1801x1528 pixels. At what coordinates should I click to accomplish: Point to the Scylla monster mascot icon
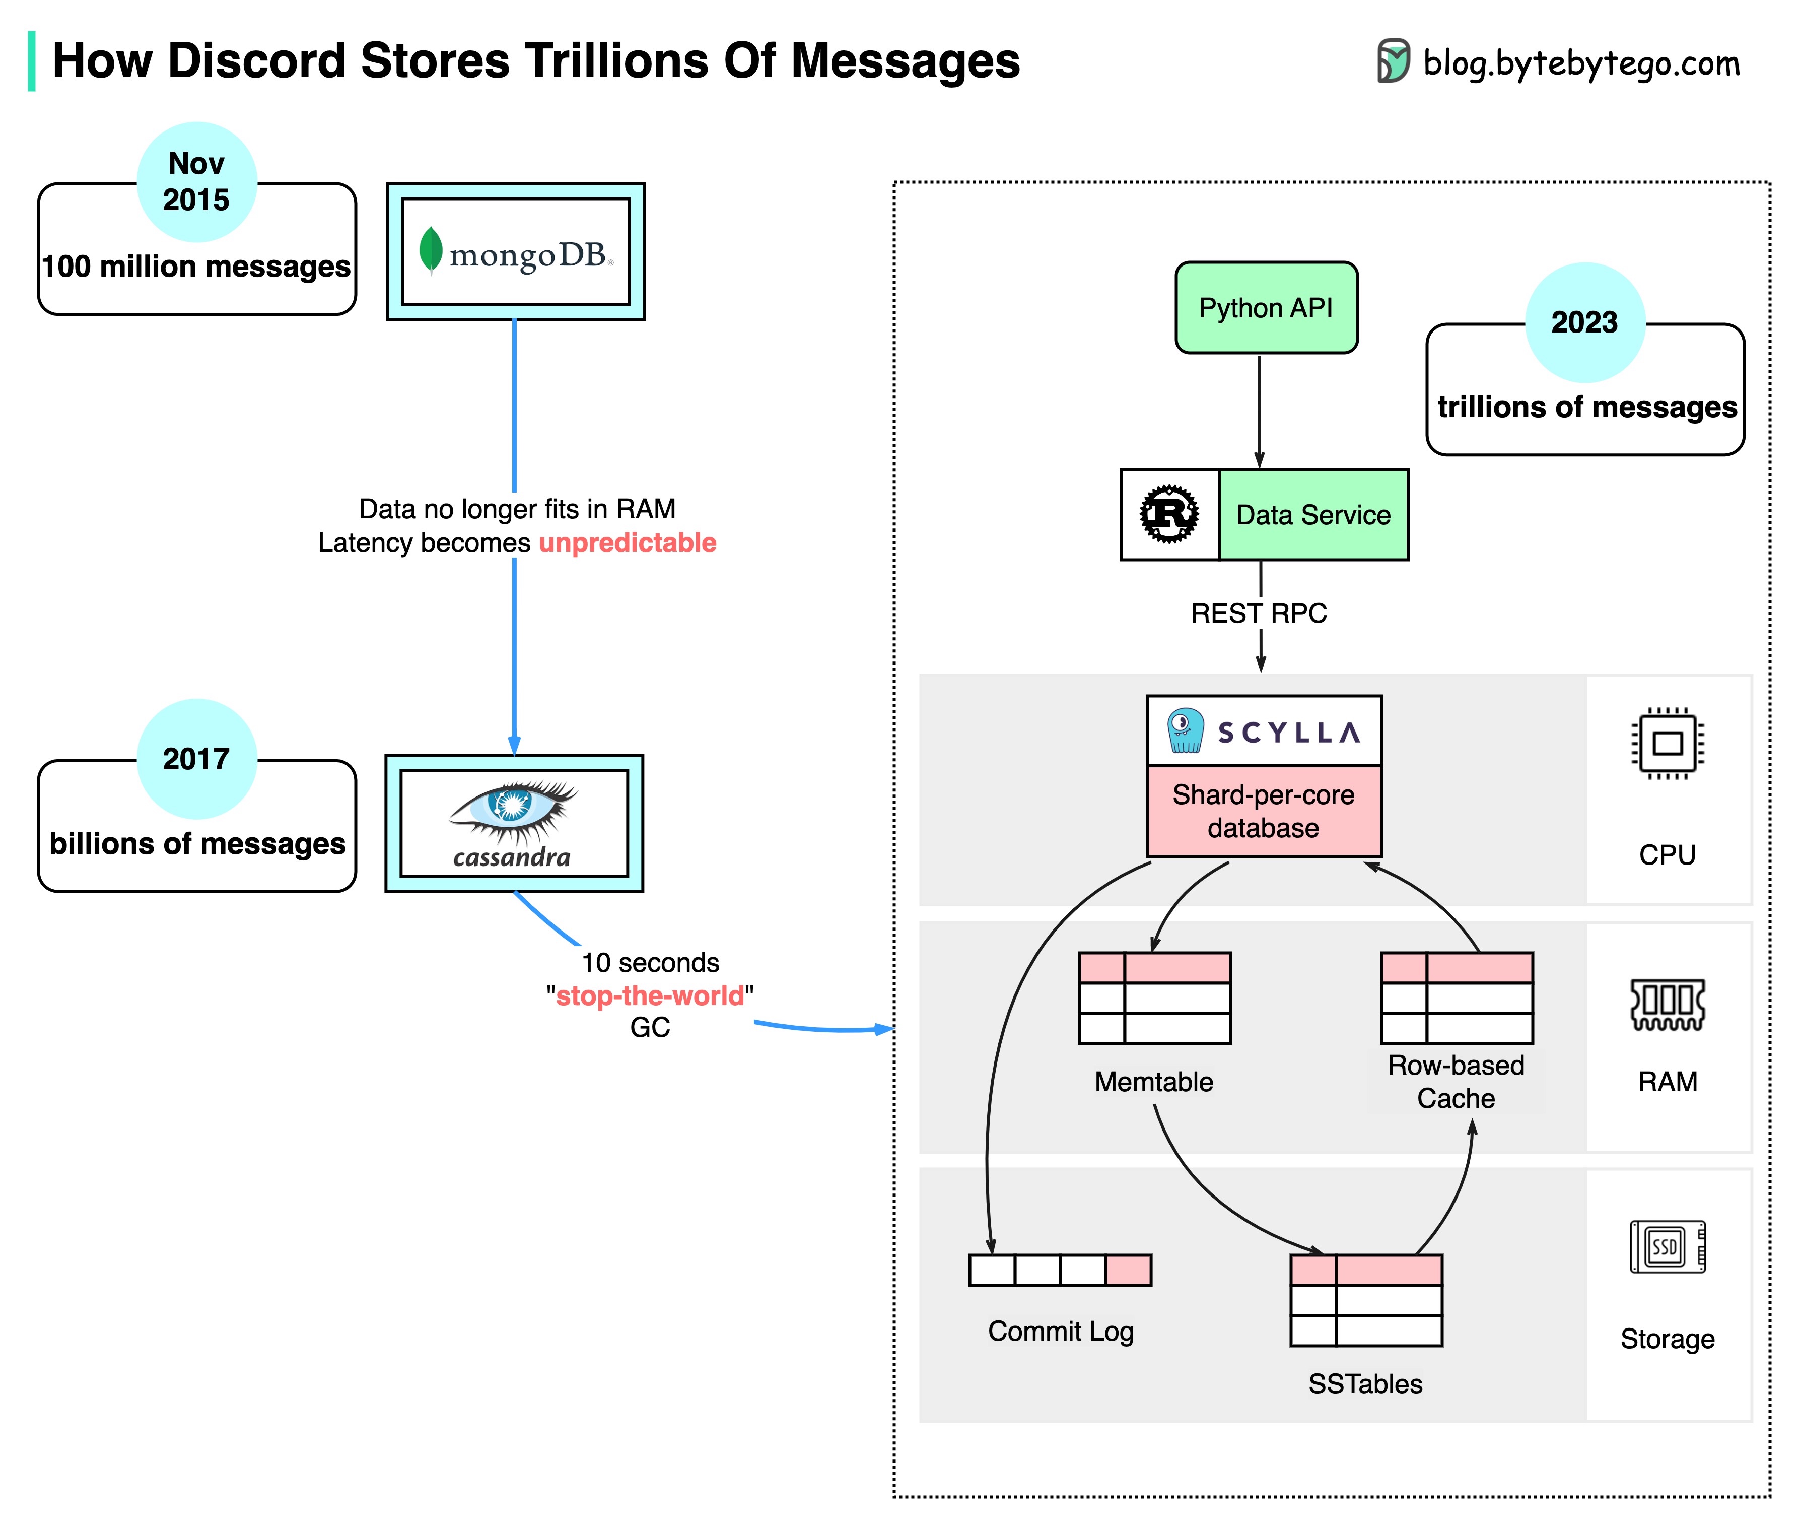(x=1185, y=730)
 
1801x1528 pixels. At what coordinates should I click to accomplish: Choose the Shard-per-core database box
(x=1263, y=811)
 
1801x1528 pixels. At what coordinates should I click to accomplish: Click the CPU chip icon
(x=1667, y=743)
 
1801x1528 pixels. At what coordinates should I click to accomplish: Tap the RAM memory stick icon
(x=1667, y=1005)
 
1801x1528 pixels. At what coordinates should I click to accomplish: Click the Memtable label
(x=1153, y=1082)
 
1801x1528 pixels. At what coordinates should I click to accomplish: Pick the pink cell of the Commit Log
(x=1128, y=1271)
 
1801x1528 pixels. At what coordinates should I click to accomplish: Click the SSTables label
(x=1365, y=1384)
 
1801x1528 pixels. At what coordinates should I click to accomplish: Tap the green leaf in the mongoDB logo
(x=430, y=249)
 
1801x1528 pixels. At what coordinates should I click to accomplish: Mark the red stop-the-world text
(x=649, y=995)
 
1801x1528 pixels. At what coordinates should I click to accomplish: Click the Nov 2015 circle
(x=196, y=182)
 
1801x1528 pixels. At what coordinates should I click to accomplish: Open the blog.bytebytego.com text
(x=1580, y=63)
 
